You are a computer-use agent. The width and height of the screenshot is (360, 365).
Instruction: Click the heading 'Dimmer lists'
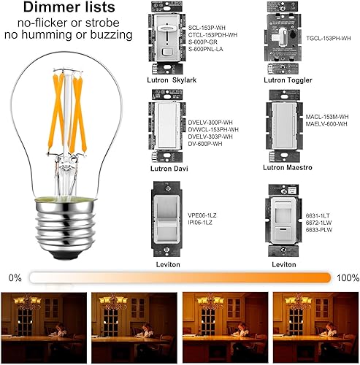(67, 9)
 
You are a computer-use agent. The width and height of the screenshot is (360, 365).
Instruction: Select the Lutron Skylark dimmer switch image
(165, 41)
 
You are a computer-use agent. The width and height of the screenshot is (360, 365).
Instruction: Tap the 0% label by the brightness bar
(15, 278)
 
